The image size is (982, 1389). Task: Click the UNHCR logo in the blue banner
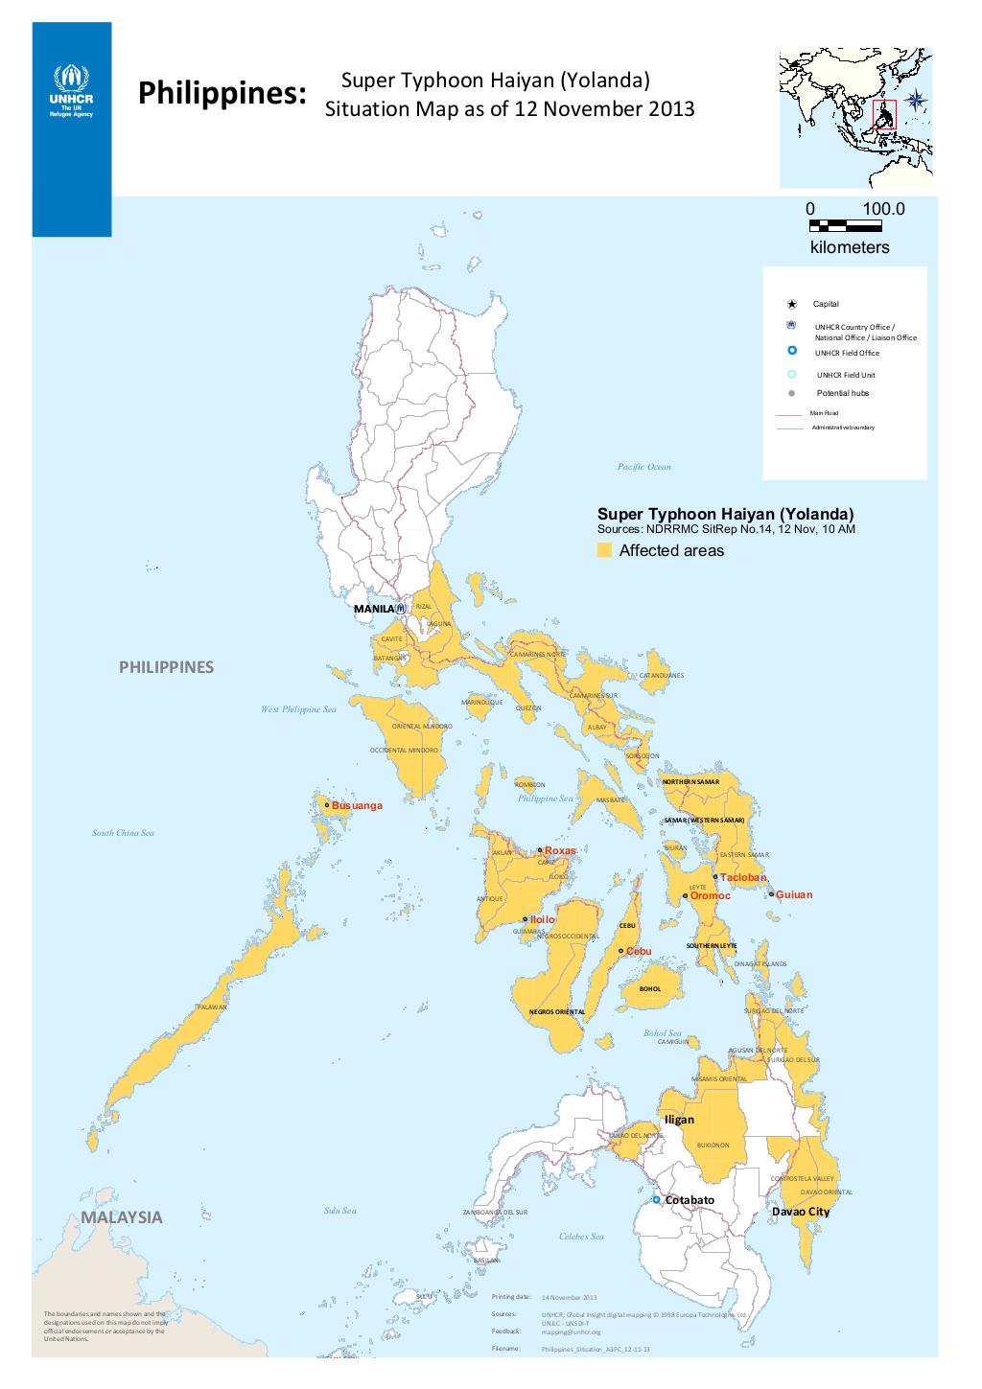point(71,90)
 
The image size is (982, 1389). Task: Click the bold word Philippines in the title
point(222,94)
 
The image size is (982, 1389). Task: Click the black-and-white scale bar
point(845,226)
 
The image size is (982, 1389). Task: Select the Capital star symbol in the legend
point(792,304)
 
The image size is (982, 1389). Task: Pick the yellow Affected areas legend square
point(604,550)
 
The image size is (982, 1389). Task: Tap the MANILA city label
point(373,609)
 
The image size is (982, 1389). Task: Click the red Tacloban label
point(743,877)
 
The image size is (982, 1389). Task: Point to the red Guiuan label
point(794,894)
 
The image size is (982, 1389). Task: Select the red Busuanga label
point(357,806)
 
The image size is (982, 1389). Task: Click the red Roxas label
point(560,851)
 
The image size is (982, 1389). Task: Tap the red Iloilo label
point(543,919)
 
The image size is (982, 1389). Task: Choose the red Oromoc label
point(711,896)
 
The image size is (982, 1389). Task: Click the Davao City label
point(801,1212)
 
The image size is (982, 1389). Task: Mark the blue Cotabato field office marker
point(656,1199)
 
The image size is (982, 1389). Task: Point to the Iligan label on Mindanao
point(679,1120)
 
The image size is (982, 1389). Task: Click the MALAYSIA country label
point(122,1217)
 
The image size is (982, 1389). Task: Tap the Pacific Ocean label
point(644,467)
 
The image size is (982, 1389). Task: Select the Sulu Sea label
point(340,1211)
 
